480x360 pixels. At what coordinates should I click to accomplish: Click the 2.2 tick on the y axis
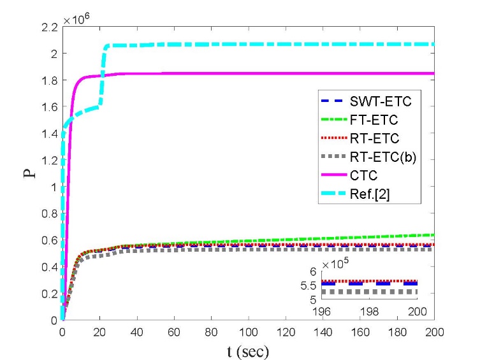(x=50, y=27)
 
